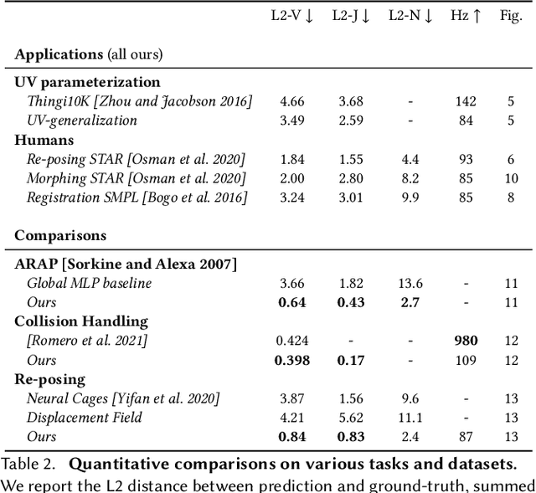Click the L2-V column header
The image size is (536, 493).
[x=291, y=16]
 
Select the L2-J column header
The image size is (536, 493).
[x=351, y=16]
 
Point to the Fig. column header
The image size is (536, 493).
[x=511, y=16]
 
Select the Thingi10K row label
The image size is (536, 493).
[x=139, y=101]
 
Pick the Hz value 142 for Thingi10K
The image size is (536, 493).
[x=466, y=101]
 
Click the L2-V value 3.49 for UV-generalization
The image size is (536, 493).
[x=292, y=121]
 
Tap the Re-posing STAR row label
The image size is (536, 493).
[x=136, y=159]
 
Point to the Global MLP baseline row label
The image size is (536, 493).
[x=89, y=283]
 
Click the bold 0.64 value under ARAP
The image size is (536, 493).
[x=292, y=302]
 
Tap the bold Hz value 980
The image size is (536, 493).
[x=466, y=341]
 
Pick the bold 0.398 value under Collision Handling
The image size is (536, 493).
[x=292, y=360]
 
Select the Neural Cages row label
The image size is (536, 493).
[x=123, y=398]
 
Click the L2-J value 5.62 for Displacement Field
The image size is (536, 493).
[x=351, y=418]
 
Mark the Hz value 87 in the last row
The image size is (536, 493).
[x=466, y=437]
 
